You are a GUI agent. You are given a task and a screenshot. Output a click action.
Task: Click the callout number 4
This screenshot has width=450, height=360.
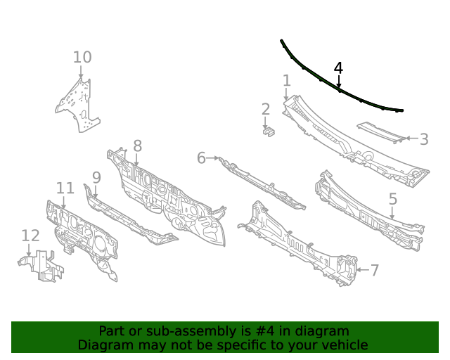[x=338, y=68]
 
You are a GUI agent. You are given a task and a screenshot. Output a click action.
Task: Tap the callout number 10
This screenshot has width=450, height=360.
[x=82, y=57]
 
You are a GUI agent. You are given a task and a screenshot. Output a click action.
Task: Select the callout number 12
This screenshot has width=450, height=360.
[x=30, y=236]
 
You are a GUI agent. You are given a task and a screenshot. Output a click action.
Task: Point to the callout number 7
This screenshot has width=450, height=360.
[x=375, y=270]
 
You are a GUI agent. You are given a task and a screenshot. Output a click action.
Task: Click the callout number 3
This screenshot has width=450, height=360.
[x=424, y=139]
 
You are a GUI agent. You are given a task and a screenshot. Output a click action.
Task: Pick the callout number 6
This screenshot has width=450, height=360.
[x=202, y=158]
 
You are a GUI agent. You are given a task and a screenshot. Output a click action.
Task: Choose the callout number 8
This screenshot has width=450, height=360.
[x=138, y=146]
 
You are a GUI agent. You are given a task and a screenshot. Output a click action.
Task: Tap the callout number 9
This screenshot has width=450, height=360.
[x=96, y=177]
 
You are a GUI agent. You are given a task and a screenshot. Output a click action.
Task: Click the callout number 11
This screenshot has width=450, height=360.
[x=65, y=188]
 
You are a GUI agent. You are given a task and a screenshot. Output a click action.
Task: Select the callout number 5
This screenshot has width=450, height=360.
[x=393, y=199]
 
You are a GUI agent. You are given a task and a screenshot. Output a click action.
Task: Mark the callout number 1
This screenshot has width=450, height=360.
[x=287, y=81]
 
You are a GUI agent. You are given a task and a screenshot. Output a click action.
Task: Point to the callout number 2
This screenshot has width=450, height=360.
[x=266, y=110]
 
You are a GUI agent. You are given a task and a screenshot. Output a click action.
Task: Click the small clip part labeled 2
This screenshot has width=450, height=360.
[x=269, y=131]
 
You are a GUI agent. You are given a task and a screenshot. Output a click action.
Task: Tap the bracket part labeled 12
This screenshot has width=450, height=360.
[x=41, y=266]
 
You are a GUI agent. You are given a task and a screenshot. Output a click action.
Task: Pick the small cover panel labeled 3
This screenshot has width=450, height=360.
[x=381, y=132]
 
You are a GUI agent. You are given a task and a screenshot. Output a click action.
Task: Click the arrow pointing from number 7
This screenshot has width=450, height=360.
[x=363, y=270]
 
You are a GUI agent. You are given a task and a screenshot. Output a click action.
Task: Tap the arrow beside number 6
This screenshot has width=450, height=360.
[x=213, y=158]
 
